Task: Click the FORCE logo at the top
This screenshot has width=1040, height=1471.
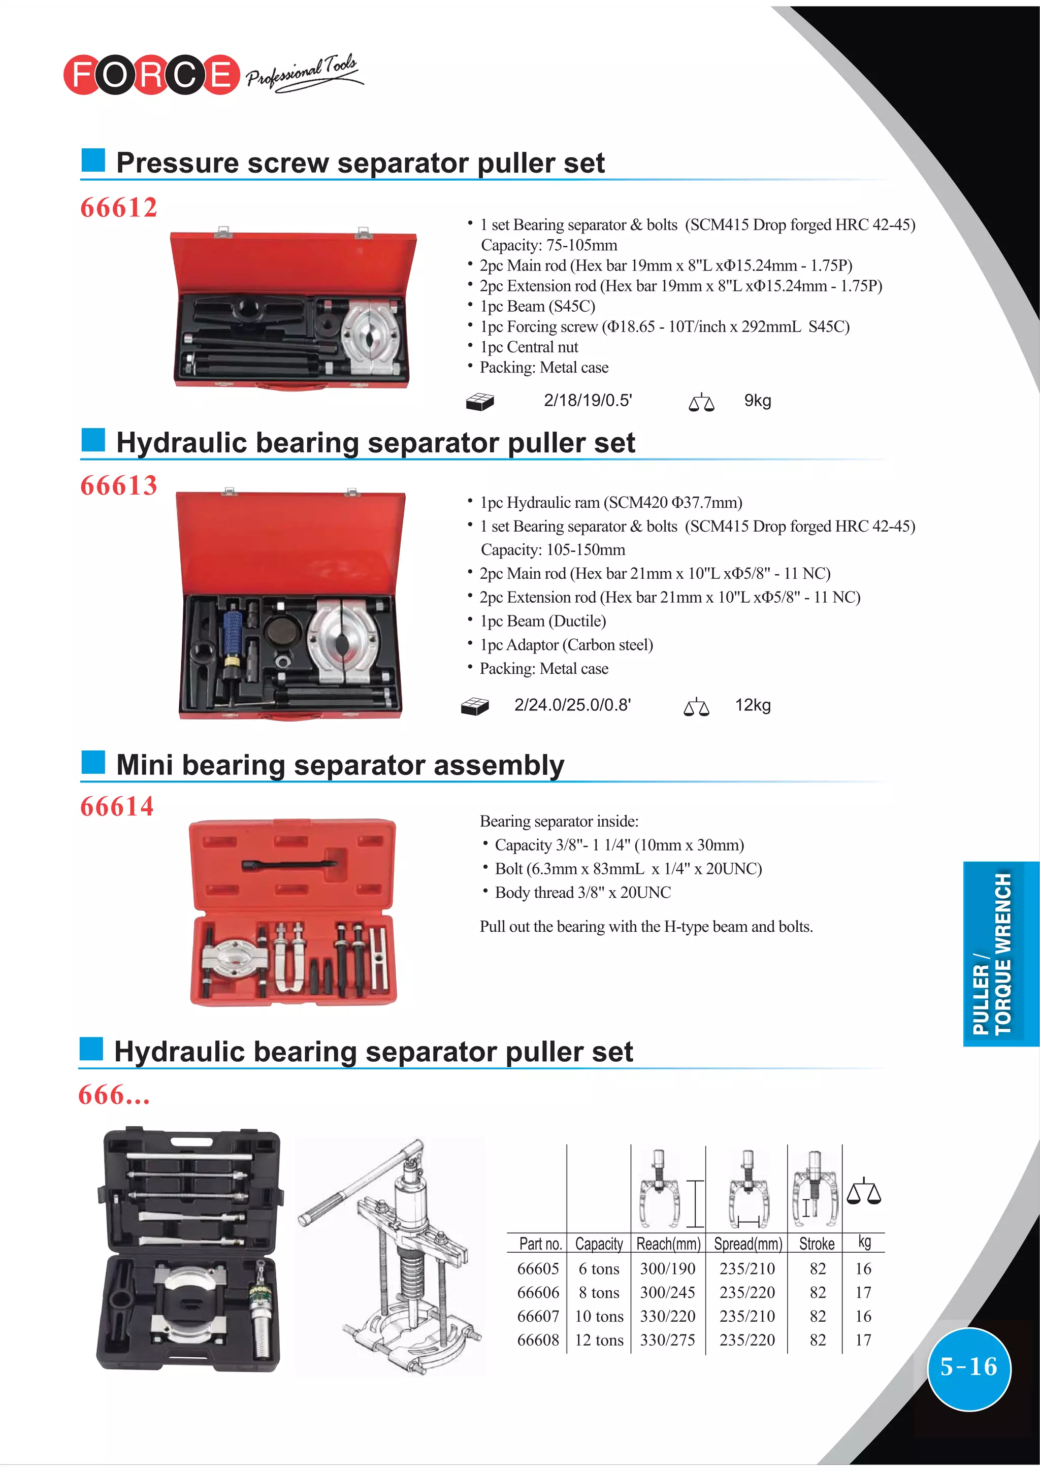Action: (151, 74)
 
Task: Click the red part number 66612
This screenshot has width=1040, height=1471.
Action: (118, 208)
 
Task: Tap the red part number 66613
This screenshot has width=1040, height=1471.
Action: (118, 485)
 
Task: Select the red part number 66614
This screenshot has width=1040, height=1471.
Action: (117, 807)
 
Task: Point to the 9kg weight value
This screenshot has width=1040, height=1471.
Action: (758, 401)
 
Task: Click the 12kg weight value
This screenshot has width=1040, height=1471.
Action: (753, 705)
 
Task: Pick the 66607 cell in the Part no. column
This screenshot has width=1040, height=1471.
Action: (538, 1316)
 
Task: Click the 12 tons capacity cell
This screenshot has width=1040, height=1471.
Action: (599, 1339)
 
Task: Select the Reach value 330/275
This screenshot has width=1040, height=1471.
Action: (668, 1339)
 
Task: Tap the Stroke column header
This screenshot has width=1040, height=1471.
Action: (817, 1244)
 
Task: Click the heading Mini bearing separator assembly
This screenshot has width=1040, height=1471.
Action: (340, 765)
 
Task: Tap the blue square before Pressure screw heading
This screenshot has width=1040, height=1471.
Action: (93, 160)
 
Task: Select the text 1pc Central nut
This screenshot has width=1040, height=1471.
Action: (529, 347)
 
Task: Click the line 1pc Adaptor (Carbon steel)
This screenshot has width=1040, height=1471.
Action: (566, 645)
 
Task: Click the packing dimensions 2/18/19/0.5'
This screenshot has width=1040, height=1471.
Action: (588, 401)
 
